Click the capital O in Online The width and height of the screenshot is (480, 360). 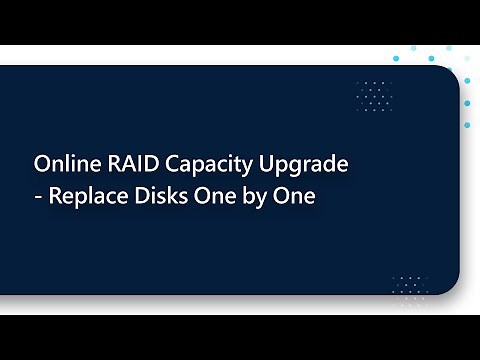coord(42,163)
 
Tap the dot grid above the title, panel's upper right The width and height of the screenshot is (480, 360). coord(374,95)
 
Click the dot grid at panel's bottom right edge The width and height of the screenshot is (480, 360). coord(409,285)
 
